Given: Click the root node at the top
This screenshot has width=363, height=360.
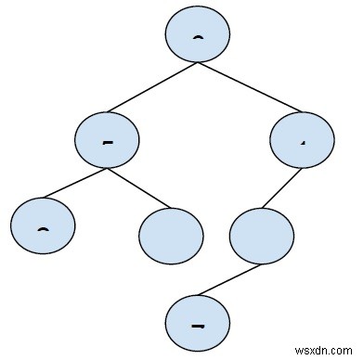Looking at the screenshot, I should (x=197, y=34).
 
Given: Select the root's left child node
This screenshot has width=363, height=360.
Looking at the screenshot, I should (x=107, y=140).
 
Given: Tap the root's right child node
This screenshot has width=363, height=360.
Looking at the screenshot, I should (x=301, y=140).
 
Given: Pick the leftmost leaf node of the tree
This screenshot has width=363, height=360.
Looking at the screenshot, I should (x=43, y=227).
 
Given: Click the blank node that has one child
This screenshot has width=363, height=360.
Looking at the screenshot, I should (x=259, y=237).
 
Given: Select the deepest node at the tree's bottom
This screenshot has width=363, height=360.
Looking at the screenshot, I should (x=196, y=325).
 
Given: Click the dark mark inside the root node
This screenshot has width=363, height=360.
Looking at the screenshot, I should (x=197, y=37).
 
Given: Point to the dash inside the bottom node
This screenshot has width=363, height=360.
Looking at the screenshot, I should (x=196, y=327).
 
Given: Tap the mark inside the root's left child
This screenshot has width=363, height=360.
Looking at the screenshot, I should (x=107, y=142).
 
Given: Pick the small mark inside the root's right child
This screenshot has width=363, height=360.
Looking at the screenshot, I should (x=302, y=142).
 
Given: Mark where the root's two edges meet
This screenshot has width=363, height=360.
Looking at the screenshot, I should (x=197, y=64).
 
